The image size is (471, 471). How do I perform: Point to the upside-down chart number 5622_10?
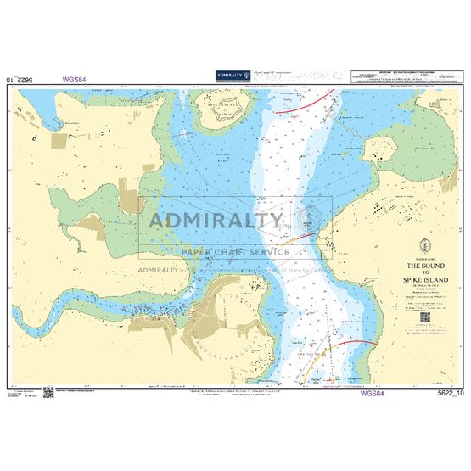click(x=21, y=80)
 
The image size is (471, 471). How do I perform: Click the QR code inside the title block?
click(x=425, y=317)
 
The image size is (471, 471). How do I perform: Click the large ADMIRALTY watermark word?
click(x=217, y=222)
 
